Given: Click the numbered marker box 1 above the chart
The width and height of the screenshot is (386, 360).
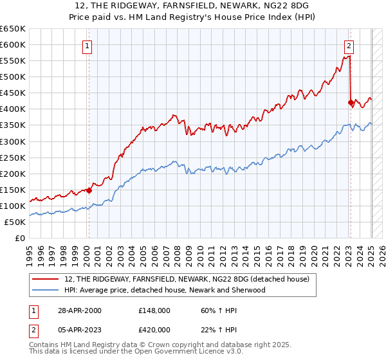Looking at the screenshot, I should (87, 46).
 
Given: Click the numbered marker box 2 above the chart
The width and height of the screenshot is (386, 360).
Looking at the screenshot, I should (348, 46).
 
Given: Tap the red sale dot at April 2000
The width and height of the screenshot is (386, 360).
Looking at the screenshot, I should (89, 190).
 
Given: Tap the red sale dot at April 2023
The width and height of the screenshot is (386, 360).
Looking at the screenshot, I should (351, 102).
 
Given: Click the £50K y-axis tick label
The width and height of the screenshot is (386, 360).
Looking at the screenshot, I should (15, 222).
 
